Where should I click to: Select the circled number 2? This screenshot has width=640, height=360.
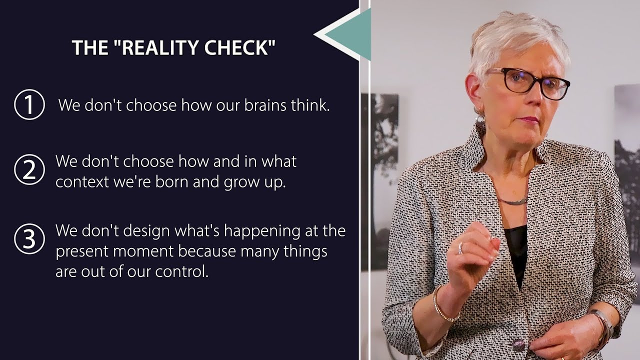click(x=29, y=170)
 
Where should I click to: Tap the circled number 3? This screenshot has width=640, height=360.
click(x=29, y=239)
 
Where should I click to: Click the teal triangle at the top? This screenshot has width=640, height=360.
click(x=350, y=34)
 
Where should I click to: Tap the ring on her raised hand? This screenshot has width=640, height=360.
click(x=460, y=246)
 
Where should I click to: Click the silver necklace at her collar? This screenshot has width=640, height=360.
click(x=513, y=201)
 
